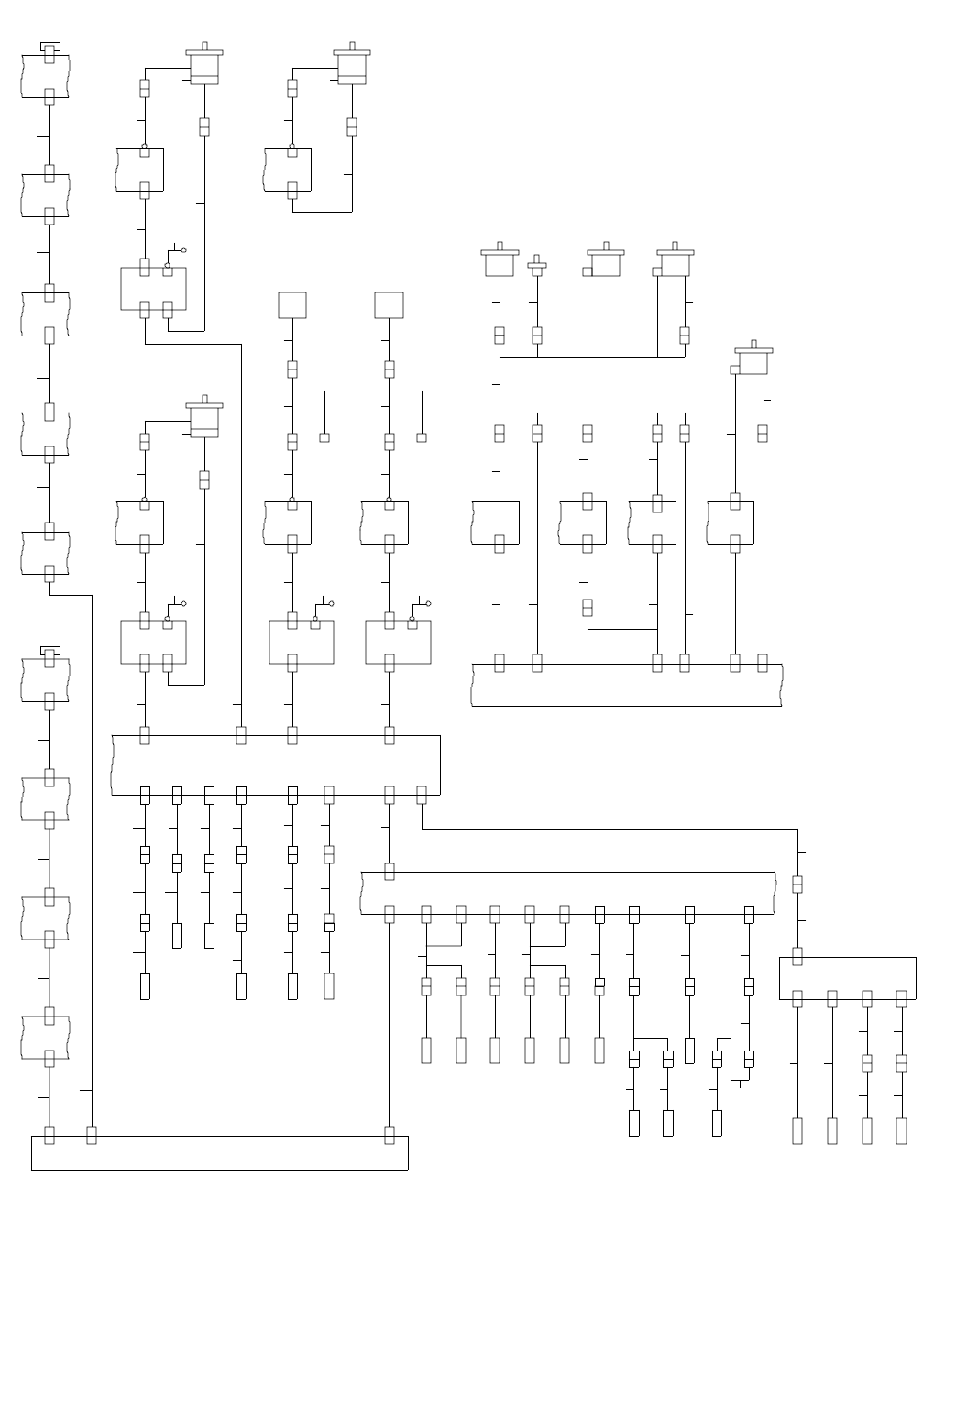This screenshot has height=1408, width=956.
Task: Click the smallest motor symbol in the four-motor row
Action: [x=537, y=268]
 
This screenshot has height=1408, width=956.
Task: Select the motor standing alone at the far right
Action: [x=753, y=361]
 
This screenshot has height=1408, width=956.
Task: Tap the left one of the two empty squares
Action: [x=292, y=305]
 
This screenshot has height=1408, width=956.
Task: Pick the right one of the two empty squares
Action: [x=389, y=305]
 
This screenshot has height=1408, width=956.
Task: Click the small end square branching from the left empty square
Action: [x=324, y=437]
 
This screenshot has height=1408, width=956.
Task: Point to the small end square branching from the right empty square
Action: [x=422, y=437]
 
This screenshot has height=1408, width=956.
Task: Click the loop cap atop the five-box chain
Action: [x=49, y=46]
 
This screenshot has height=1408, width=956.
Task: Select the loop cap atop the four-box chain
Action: [x=49, y=650]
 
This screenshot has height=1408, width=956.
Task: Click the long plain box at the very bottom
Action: [x=219, y=1153]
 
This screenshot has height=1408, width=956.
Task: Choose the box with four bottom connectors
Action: [x=847, y=978]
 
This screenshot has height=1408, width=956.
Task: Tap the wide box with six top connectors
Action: [x=627, y=685]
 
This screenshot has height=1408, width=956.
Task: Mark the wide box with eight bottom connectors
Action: [x=275, y=764]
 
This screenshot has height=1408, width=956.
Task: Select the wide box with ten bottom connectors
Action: [x=568, y=893]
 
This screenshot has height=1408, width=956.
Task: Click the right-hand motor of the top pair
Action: [x=352, y=66]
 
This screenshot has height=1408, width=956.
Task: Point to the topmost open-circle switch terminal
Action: [x=184, y=250]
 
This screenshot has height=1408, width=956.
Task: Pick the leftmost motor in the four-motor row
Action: [x=500, y=262]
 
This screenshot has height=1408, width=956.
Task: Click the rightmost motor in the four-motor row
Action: [x=675, y=262]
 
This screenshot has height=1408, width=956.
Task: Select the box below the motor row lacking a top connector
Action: [x=495, y=522]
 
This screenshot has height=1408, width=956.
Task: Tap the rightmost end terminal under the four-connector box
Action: [x=901, y=1130]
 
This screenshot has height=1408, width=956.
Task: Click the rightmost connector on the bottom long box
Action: [x=389, y=1135]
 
